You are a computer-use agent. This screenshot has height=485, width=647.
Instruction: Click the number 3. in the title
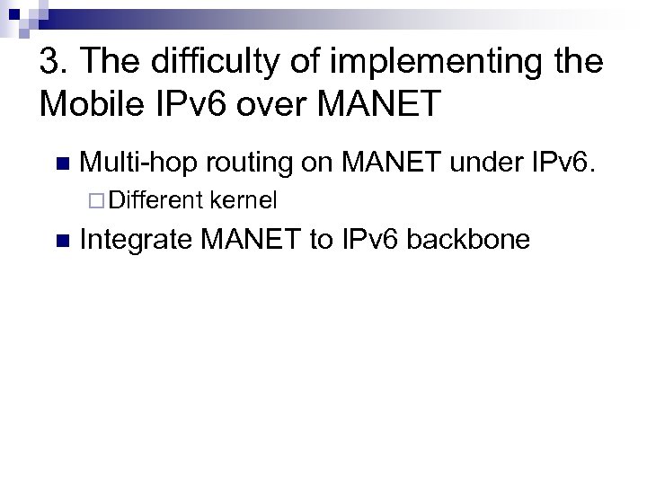[x=54, y=63]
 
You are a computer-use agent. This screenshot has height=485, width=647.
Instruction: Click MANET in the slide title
[x=383, y=103]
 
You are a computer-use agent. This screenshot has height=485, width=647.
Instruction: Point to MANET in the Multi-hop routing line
[x=392, y=163]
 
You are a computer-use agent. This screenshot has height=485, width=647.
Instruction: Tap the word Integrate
[x=136, y=240]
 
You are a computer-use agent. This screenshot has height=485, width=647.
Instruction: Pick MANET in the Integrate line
[x=254, y=240]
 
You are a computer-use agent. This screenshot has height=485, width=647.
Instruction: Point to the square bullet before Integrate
[x=61, y=241]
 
